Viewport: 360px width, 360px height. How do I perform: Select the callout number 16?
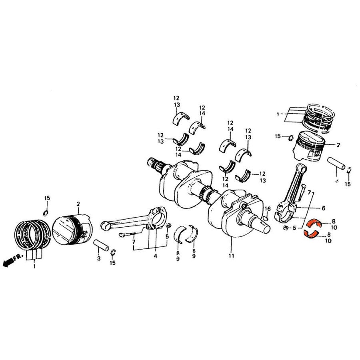268,209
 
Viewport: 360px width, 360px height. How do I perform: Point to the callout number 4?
155,256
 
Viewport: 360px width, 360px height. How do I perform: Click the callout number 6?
323,208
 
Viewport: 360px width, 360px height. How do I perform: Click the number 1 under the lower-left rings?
34,266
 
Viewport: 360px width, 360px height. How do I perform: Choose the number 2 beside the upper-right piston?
338,145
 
